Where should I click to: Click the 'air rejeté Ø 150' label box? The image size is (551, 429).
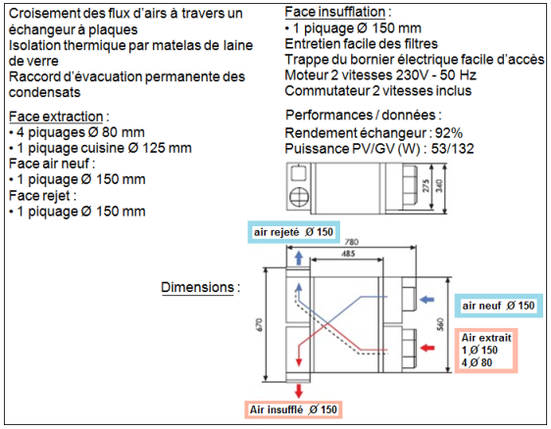pyautogui.click(x=294, y=232)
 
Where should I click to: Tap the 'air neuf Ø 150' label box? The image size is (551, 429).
pyautogui.click(x=499, y=306)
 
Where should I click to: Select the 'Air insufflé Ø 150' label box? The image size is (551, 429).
pyautogui.click(x=293, y=409)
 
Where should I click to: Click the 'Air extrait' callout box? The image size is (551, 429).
pyautogui.click(x=486, y=351)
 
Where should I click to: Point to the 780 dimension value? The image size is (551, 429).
pyautogui.click(x=351, y=242)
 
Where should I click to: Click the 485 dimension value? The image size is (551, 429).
pyautogui.click(x=348, y=254)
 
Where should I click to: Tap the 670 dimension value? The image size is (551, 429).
pyautogui.click(x=259, y=324)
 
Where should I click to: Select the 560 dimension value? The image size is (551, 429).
pyautogui.click(x=440, y=324)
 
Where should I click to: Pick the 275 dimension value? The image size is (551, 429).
pyautogui.click(x=426, y=186)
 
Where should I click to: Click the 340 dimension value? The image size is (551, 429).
pyautogui.click(x=439, y=186)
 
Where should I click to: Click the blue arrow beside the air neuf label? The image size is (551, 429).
pyautogui.click(x=427, y=300)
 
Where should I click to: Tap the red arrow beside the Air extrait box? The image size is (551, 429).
pyautogui.click(x=427, y=348)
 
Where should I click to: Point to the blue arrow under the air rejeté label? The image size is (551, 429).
pyautogui.click(x=299, y=258)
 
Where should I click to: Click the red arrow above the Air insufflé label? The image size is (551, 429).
pyautogui.click(x=299, y=391)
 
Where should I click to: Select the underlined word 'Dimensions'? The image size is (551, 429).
pyautogui.click(x=197, y=287)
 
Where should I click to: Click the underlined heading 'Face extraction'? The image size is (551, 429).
pyautogui.click(x=56, y=117)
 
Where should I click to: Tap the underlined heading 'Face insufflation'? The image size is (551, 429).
pyautogui.click(x=335, y=12)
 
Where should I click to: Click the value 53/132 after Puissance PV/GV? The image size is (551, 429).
pyautogui.click(x=453, y=149)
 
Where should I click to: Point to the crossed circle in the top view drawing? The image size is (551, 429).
pyautogui.click(x=299, y=197)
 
